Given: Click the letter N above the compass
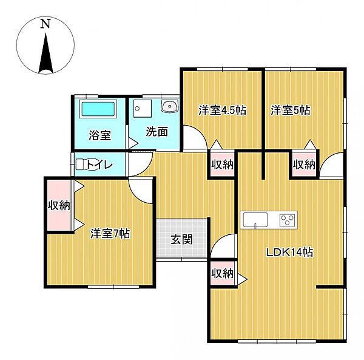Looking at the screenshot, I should click(44, 24).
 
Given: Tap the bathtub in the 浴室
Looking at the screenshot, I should click(98, 110).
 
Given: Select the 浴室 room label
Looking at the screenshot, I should click(99, 135).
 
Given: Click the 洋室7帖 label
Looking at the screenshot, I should click(110, 233).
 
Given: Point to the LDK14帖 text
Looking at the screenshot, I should click(291, 253).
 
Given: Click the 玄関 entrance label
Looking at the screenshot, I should click(181, 239).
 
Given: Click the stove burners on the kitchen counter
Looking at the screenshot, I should click(286, 219).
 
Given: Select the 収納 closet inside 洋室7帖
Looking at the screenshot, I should click(59, 205).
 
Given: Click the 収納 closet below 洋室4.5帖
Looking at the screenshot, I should click(223, 164).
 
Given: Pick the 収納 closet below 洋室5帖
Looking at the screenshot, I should click(304, 164).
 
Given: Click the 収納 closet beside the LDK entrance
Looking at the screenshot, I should click(223, 273).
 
